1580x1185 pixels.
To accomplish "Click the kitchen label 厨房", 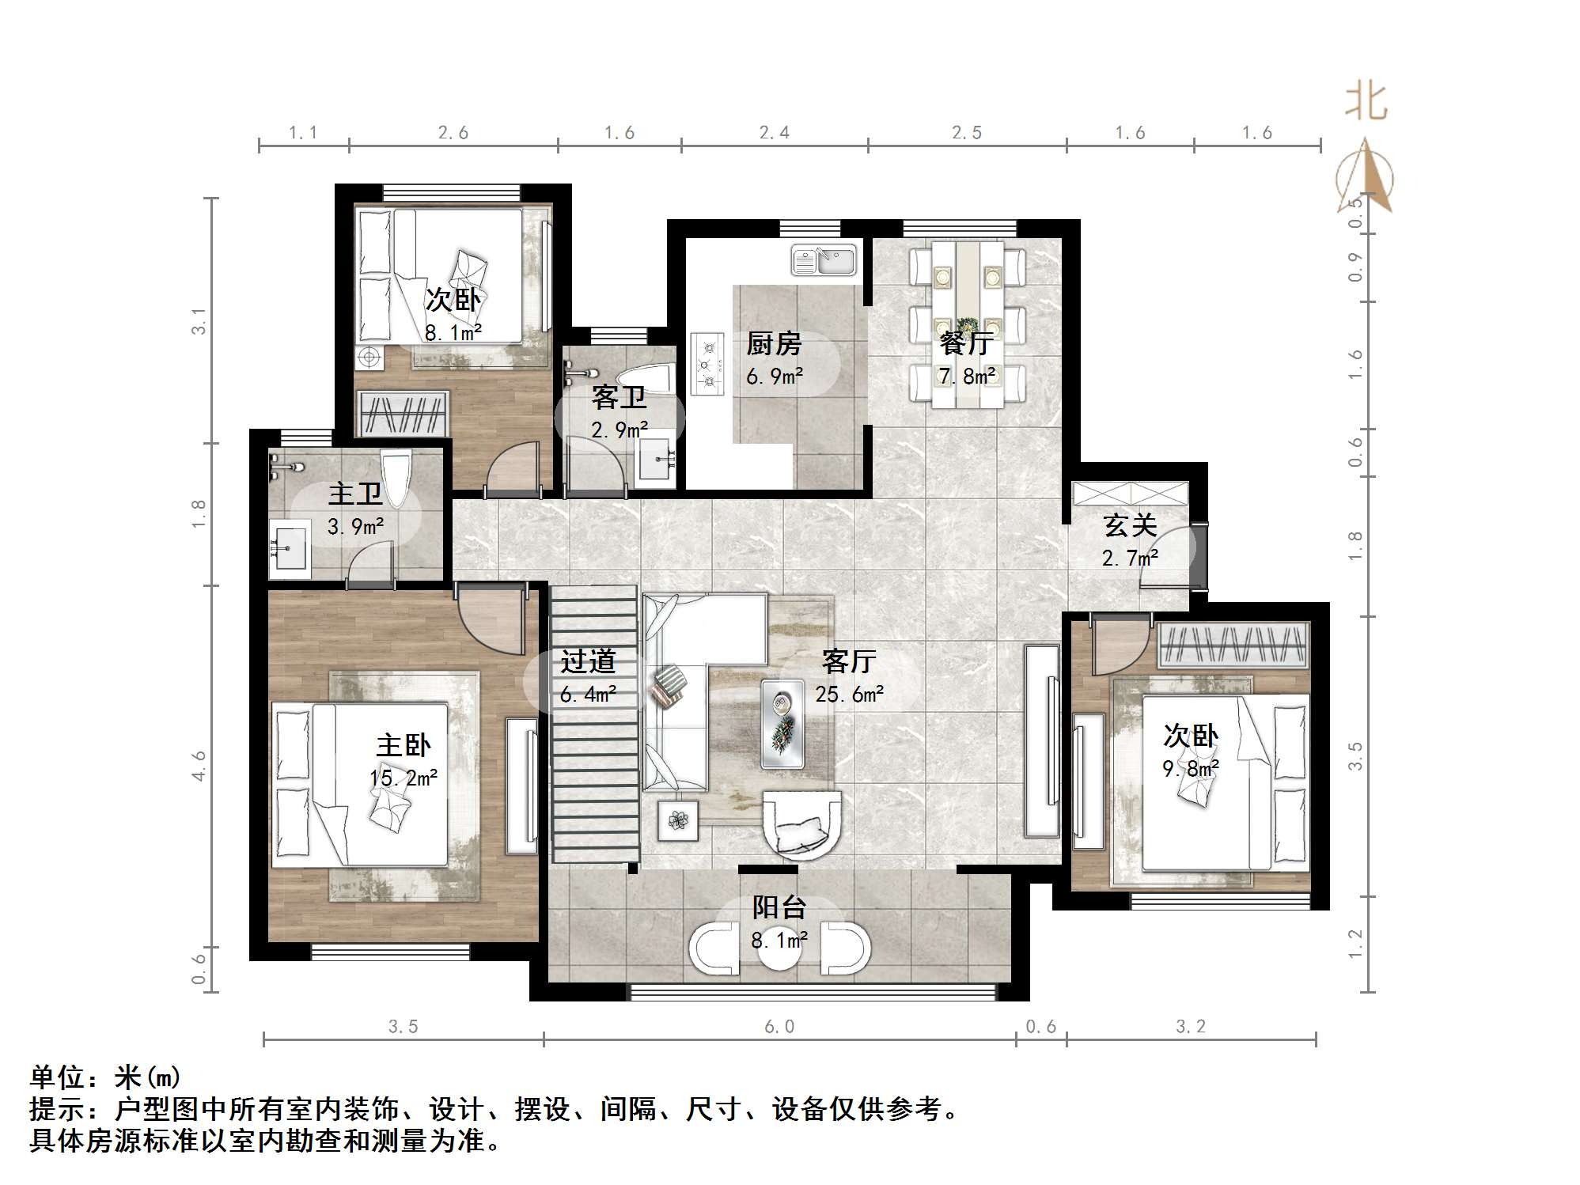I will click(774, 344).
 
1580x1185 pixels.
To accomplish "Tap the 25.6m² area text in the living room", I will click(849, 695).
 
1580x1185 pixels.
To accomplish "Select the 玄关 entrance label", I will click(1130, 525).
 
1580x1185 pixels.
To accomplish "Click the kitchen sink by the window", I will click(824, 260).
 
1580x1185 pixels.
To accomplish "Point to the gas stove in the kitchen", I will click(708, 364).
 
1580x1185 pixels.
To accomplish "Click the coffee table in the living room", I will click(782, 724).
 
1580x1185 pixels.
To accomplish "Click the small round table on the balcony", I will click(779, 950).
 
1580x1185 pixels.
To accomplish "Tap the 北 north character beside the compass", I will click(1366, 103).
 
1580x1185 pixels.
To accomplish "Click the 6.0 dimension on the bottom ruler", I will click(779, 1027).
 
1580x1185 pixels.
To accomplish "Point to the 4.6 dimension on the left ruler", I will click(199, 766).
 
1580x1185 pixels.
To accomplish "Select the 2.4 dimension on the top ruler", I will click(774, 133).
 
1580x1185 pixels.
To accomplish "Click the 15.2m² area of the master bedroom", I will click(404, 778).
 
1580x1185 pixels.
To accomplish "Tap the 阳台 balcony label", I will click(779, 907).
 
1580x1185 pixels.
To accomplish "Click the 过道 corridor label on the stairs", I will click(587, 661).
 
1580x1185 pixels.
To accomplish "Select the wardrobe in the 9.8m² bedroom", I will click(1232, 643).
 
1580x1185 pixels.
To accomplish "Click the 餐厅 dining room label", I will click(966, 343).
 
